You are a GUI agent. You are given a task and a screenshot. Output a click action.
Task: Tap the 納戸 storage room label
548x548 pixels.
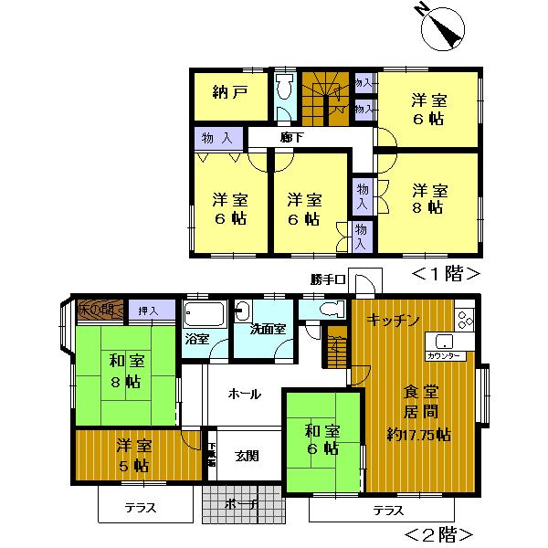(228, 91)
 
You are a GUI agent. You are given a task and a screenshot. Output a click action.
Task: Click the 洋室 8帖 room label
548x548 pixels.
(428, 198)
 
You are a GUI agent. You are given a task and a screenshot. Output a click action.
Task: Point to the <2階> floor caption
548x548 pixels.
(438, 532)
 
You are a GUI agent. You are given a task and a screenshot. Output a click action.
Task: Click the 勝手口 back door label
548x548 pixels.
(326, 279)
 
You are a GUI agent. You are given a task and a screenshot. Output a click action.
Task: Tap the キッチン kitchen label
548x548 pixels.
(393, 320)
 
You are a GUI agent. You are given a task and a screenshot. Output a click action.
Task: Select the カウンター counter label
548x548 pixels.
(445, 354)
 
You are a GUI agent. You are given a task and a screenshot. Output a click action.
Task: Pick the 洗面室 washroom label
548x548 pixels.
(269, 327)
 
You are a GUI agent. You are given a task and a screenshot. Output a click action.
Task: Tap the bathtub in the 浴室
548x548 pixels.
(204, 316)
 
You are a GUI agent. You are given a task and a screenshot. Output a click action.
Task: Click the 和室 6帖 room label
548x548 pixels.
(322, 439)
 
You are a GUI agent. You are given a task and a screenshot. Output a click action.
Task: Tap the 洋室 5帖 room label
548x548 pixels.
(134, 455)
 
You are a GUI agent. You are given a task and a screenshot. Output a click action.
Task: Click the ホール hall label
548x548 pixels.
(244, 395)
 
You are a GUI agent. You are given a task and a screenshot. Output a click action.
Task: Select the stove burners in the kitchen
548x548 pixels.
(465, 320)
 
